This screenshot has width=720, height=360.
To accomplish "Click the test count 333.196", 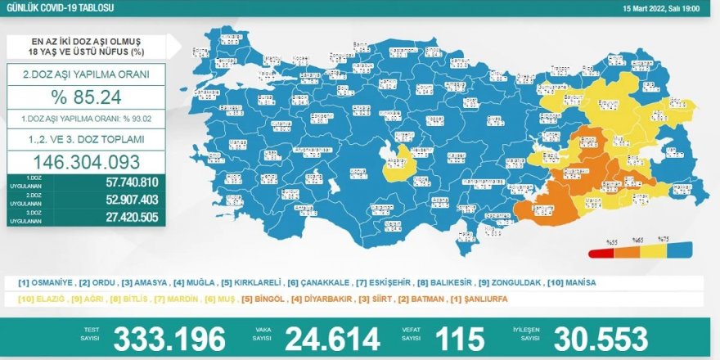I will click(169, 338).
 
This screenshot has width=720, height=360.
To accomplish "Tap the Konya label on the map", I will click(358, 173).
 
